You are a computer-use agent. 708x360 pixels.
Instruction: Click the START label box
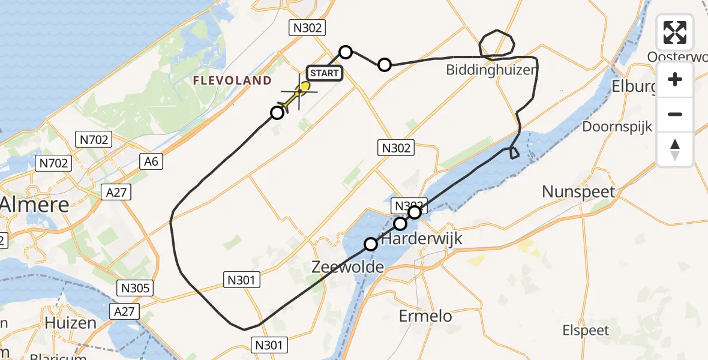(x=325, y=73)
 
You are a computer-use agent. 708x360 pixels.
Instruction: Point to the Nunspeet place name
(x=578, y=192)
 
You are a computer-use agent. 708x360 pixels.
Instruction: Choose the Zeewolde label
(x=348, y=267)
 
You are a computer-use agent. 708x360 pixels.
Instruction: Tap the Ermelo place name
(x=426, y=316)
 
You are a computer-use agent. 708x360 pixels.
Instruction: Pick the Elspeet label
(x=586, y=330)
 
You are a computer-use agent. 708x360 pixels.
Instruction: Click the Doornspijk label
(x=617, y=127)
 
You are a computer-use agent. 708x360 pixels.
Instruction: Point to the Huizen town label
(x=70, y=323)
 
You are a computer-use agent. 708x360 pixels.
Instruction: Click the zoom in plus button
(x=675, y=79)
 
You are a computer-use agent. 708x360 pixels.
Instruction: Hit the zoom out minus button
(x=675, y=114)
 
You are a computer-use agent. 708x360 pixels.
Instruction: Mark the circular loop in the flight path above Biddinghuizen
(x=497, y=43)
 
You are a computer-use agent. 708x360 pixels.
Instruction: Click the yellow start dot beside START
(x=305, y=86)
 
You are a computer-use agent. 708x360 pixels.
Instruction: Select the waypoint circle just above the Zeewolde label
(x=371, y=244)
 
